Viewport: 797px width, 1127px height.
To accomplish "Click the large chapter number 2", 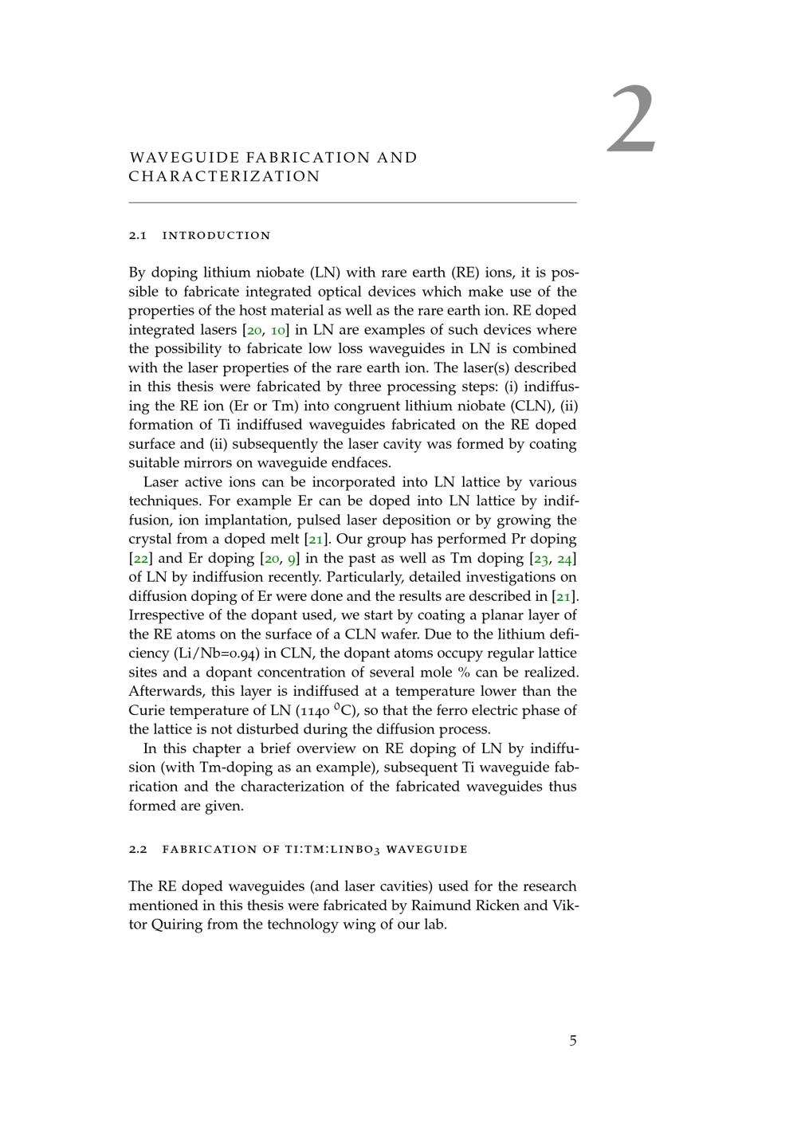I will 633,121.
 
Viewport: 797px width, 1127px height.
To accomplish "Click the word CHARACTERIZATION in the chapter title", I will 225,177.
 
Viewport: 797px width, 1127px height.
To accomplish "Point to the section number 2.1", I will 138,236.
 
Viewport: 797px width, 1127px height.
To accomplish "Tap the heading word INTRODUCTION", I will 217,236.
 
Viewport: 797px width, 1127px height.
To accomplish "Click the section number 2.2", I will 138,850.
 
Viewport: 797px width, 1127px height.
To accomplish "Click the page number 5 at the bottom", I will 573,1040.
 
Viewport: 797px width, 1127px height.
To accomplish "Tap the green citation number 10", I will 278,330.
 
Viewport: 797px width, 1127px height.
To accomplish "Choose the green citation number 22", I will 139,559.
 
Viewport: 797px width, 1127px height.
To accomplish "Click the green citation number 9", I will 292,559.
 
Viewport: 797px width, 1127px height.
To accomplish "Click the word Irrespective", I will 169,615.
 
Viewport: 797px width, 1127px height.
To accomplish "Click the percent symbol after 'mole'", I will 464,673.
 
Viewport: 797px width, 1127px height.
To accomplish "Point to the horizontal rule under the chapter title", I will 352,203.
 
